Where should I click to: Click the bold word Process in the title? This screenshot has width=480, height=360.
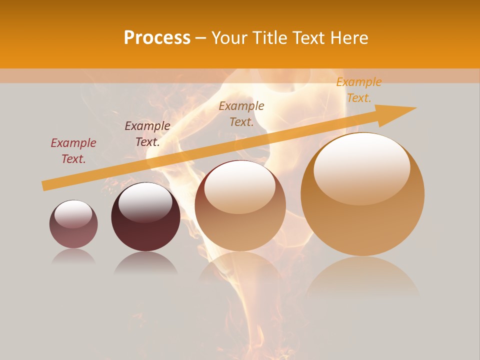(157, 38)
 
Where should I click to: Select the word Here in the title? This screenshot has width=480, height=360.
(349, 38)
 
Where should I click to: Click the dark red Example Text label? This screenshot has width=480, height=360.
(73, 151)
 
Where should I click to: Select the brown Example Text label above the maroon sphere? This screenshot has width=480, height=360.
(147, 134)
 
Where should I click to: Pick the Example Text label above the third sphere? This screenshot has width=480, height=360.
(241, 114)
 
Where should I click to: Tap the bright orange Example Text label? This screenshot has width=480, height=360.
(358, 90)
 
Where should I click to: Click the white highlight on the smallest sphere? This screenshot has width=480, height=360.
(73, 213)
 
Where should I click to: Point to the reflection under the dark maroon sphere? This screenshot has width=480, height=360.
(145, 262)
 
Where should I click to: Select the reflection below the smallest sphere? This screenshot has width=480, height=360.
(73, 256)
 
